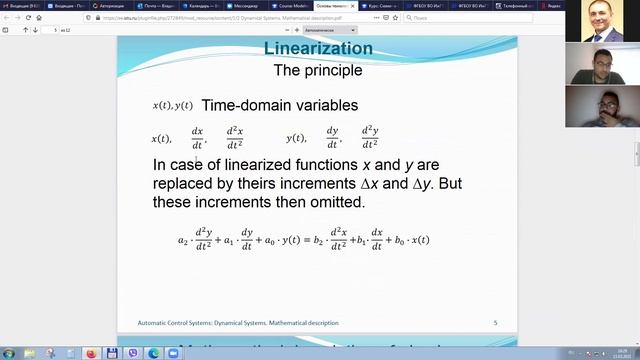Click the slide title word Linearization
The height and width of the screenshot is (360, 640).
click(x=317, y=49)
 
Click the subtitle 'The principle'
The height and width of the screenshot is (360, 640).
click(x=317, y=71)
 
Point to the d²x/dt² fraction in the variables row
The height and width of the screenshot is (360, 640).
click(x=235, y=138)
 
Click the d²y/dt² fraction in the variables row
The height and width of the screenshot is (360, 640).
click(x=370, y=138)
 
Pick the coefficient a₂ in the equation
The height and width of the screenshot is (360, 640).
click(x=183, y=240)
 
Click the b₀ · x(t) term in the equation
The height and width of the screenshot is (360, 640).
click(x=411, y=240)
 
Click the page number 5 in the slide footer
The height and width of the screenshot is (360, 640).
click(x=495, y=323)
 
